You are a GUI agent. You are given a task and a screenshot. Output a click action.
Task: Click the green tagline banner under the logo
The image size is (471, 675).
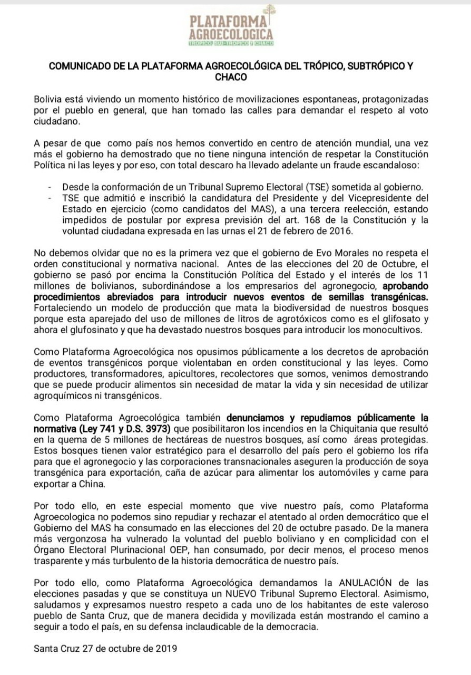(231, 43)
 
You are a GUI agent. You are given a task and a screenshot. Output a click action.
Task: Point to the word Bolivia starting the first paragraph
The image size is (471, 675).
(48, 99)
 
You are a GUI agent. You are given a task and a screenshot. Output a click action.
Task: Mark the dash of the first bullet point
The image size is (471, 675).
(50, 187)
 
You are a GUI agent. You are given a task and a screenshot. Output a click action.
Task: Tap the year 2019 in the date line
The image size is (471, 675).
(166, 649)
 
